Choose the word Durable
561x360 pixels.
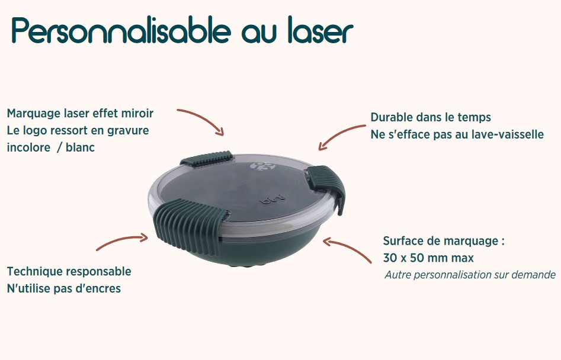392,117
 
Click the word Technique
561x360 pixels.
35,272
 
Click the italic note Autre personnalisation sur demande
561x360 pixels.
470,275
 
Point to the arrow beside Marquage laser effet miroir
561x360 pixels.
201,121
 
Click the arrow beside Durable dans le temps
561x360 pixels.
342,137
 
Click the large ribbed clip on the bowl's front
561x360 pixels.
188,222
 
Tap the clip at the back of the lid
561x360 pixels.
206,158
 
